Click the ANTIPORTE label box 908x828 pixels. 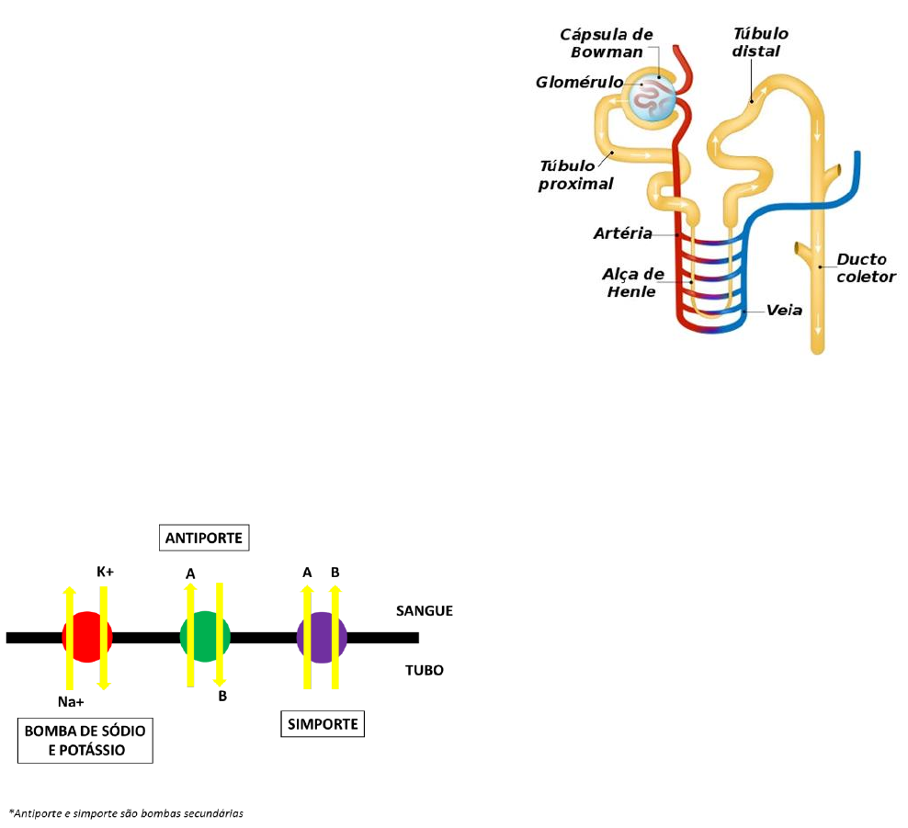pyautogui.click(x=205, y=538)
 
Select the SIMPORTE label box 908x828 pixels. pyautogui.click(x=322, y=724)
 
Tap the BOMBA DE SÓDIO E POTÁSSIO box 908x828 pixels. pyautogui.click(x=85, y=741)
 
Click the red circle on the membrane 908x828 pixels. pyautogui.click(x=86, y=636)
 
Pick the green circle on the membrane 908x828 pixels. pyautogui.click(x=204, y=636)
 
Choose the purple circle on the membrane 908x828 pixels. pyautogui.click(x=322, y=636)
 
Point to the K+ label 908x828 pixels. pyautogui.click(x=106, y=572)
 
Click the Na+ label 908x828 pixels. pyautogui.click(x=71, y=704)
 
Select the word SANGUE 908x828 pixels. pyautogui.click(x=425, y=610)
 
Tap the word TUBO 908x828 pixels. pyautogui.click(x=425, y=670)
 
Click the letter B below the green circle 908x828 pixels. pyautogui.click(x=222, y=697)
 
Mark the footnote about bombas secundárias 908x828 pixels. pyautogui.click(x=126, y=813)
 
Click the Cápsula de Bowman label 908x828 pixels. pyautogui.click(x=607, y=43)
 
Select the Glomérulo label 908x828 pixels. pyautogui.click(x=579, y=83)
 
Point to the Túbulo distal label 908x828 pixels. pyautogui.click(x=760, y=42)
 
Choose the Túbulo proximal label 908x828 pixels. pyautogui.click(x=576, y=175)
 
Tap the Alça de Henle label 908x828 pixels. pyautogui.click(x=632, y=283)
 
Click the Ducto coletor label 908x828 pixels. pyautogui.click(x=866, y=267)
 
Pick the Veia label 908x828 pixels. pyautogui.click(x=785, y=311)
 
